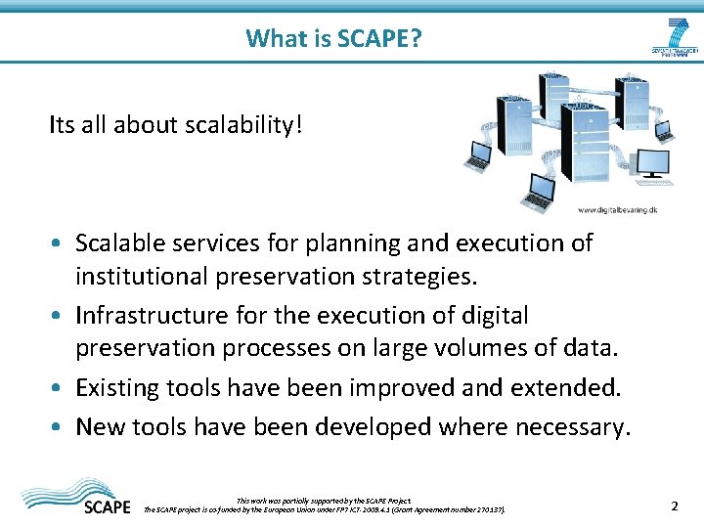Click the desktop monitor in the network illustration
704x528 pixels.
point(652,161)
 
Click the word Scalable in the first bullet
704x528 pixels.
point(117,242)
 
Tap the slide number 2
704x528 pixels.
point(675,506)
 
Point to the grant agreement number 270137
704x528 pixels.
point(486,509)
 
